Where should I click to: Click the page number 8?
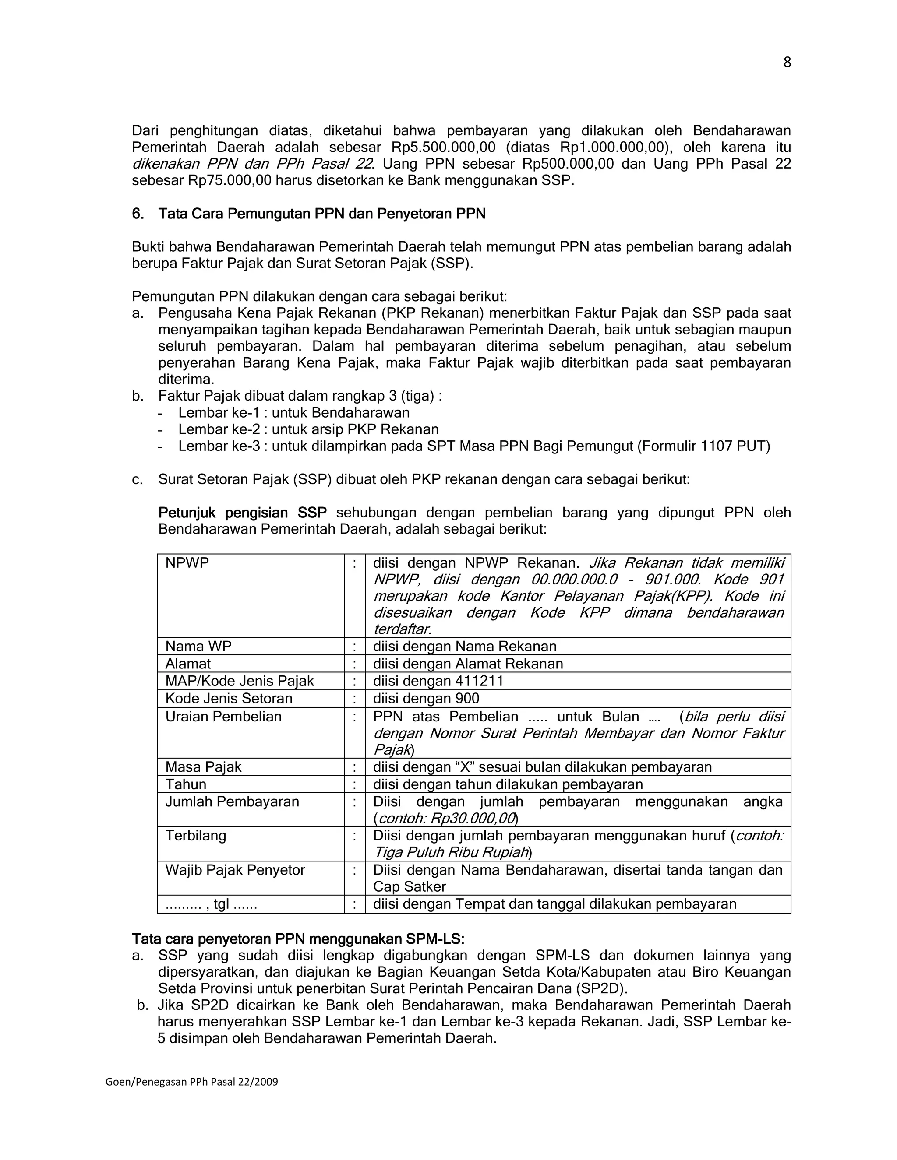click(x=787, y=63)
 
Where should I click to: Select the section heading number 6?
click(x=138, y=214)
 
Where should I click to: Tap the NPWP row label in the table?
click(x=187, y=563)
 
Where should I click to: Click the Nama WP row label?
click(x=198, y=647)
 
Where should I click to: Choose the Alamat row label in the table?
click(x=188, y=664)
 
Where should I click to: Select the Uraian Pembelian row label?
click(x=223, y=717)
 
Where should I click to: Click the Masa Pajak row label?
click(x=203, y=767)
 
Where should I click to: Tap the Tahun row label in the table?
click(x=185, y=784)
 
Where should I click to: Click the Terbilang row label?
click(x=195, y=836)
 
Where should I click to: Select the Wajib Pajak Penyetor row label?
click(x=235, y=870)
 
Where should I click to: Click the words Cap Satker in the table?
click(x=409, y=886)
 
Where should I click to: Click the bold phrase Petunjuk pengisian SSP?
click(x=242, y=513)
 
